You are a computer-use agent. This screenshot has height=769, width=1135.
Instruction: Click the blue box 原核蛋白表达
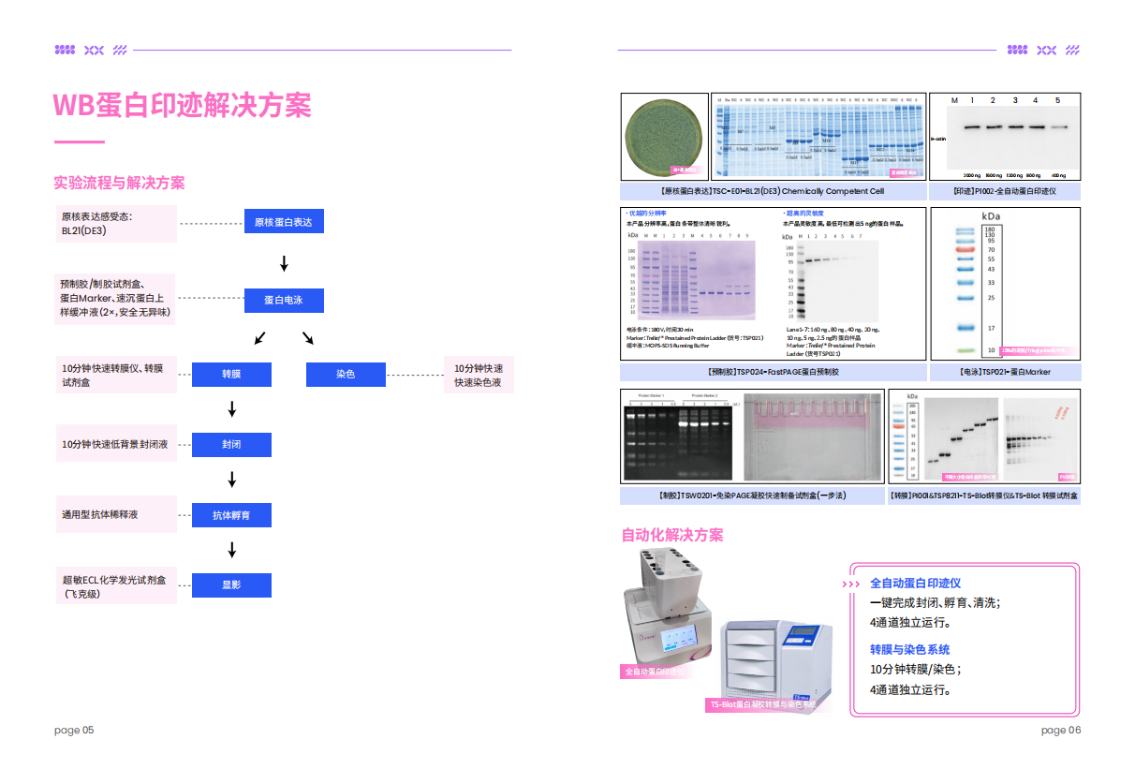point(284,223)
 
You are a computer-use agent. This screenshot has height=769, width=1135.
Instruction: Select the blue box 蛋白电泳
point(284,300)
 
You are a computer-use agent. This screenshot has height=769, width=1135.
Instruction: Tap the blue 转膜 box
point(231,375)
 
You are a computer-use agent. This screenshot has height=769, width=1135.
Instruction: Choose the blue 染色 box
point(346,375)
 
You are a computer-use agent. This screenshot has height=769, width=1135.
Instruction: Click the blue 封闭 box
point(231,444)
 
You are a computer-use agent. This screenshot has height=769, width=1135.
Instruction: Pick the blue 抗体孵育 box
point(231,515)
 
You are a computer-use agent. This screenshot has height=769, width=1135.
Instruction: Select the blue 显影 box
point(231,585)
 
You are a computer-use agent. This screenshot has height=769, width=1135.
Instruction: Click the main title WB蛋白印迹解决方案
point(182,105)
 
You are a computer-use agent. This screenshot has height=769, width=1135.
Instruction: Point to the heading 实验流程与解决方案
point(119,183)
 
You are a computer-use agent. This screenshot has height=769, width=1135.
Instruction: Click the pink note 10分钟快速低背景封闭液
point(115,444)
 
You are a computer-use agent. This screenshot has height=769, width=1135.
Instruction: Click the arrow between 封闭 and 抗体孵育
point(232,480)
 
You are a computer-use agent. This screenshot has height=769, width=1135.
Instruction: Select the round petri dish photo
point(665,136)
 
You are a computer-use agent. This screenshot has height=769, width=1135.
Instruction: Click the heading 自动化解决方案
point(671,535)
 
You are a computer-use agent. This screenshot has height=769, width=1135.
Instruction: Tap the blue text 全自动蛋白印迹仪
point(915,583)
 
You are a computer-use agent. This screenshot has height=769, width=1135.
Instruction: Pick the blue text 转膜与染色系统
point(909,649)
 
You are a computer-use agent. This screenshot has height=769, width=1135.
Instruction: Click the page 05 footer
point(74,730)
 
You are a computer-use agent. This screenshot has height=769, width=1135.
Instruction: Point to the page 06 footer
point(1060,730)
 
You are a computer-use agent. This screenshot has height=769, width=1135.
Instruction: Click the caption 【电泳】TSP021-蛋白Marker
point(1005,372)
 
